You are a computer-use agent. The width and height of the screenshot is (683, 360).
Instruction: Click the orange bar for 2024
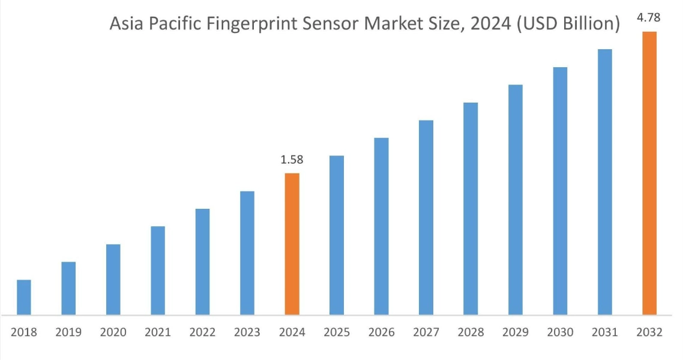292,244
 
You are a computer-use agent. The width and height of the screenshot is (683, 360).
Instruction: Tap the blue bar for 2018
24,297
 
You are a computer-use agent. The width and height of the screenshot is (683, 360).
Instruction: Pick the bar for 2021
158,270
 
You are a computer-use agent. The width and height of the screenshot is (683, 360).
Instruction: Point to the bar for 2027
426,217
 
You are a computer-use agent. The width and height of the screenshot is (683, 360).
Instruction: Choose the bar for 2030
560,191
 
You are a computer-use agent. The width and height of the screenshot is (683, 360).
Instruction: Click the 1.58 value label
292,160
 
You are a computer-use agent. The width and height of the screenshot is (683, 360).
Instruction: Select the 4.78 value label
649,18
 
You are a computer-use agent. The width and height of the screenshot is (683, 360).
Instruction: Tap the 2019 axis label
68,332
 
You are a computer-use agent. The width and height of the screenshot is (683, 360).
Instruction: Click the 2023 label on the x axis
247,332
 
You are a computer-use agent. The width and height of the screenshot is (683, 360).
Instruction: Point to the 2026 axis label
381,332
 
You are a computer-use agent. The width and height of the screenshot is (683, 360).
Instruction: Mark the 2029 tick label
516,332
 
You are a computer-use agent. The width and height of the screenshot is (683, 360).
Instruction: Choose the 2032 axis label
649,332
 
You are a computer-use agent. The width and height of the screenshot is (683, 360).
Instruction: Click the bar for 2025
337,235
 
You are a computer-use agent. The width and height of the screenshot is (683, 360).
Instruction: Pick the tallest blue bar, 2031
605,182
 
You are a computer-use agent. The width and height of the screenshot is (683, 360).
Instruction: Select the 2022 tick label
202,332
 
